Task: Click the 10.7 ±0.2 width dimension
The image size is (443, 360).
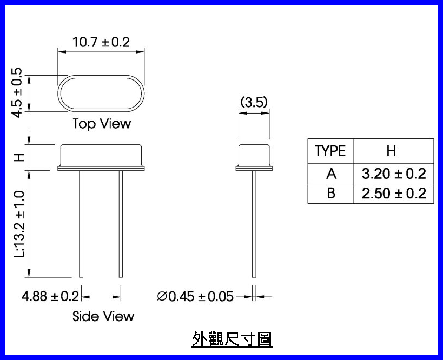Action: (x=101, y=42)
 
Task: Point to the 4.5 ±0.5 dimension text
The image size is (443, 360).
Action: (x=17, y=92)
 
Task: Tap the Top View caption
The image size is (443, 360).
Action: (x=102, y=124)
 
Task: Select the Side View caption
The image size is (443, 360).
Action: (x=103, y=316)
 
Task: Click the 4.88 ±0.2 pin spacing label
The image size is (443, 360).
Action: (x=50, y=297)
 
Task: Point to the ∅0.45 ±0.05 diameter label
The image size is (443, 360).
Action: (x=195, y=297)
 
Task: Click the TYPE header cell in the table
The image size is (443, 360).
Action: (x=330, y=151)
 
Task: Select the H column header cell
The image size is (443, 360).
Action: (x=393, y=151)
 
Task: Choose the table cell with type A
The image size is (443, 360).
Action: (x=330, y=174)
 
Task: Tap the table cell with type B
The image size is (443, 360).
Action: (x=330, y=193)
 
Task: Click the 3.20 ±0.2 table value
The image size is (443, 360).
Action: (x=393, y=174)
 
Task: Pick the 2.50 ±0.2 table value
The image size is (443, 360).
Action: (x=393, y=193)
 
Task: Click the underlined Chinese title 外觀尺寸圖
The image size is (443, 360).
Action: (x=232, y=339)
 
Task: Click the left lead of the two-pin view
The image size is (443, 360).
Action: (x=81, y=224)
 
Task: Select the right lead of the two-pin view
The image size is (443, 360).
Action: (x=121, y=224)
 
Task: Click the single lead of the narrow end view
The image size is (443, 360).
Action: (x=254, y=224)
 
